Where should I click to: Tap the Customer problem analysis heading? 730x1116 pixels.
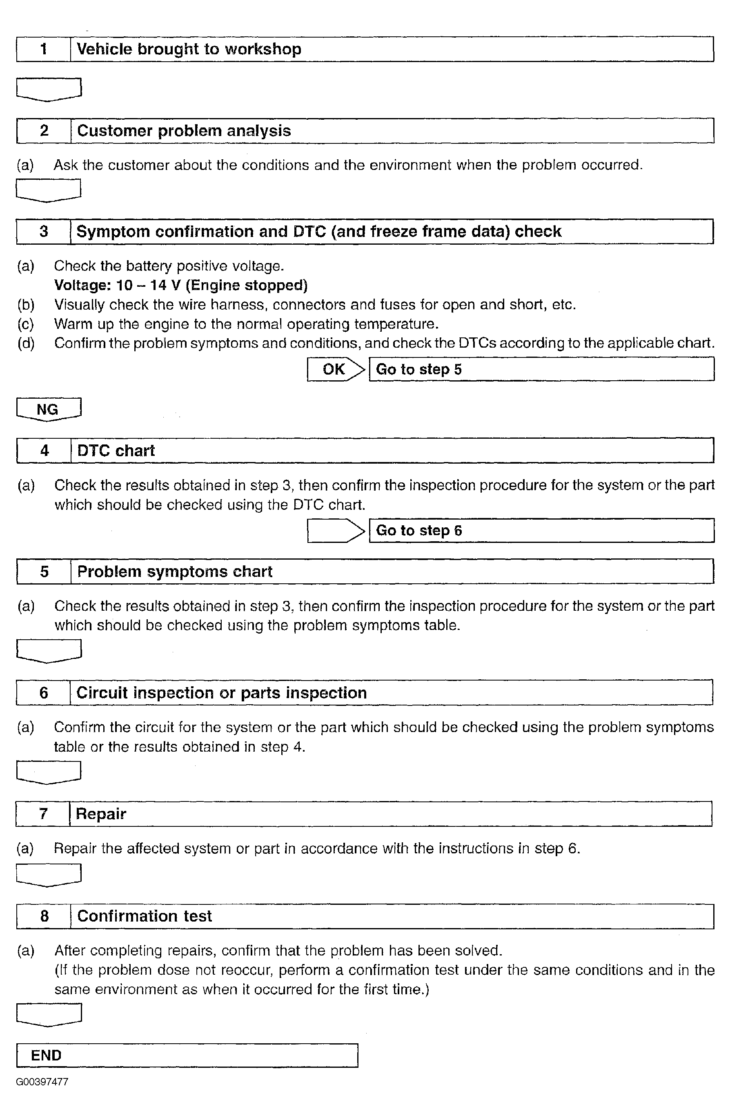click(x=184, y=131)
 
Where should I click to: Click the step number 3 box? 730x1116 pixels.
click(x=44, y=232)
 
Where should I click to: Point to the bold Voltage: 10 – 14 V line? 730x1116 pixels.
click(x=181, y=285)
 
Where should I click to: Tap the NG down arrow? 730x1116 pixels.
click(x=48, y=409)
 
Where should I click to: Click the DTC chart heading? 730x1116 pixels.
click(x=116, y=451)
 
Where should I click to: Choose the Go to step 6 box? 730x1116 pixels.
click(x=541, y=530)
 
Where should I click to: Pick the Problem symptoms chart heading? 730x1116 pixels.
click(x=174, y=571)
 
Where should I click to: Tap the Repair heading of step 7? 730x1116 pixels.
click(x=101, y=814)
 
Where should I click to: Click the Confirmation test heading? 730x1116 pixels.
click(x=144, y=916)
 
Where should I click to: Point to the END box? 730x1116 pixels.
click(x=187, y=1056)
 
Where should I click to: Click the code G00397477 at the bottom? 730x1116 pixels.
click(x=42, y=1082)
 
